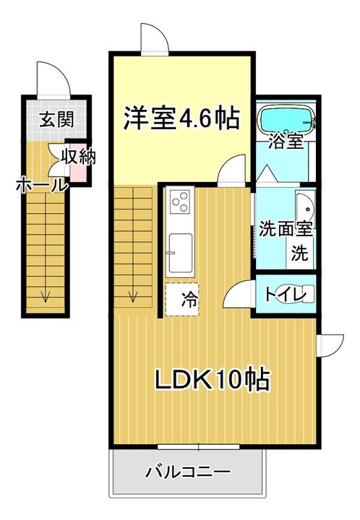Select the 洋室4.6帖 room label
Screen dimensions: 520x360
pos(181,117)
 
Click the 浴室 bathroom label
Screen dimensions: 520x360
pos(285,141)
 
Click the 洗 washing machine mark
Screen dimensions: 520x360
pos(299,253)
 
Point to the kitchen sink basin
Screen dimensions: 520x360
pos(180,253)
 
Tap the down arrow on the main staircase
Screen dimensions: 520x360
pos(134,295)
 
